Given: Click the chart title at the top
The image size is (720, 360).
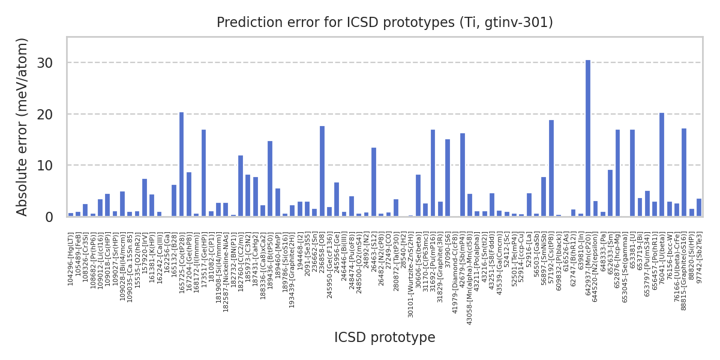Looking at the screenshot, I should (385, 23).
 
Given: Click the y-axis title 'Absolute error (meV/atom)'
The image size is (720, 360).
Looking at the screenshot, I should (22, 127).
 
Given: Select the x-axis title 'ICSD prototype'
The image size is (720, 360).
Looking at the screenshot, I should (385, 338).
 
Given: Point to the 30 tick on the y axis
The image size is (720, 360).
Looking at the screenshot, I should (53, 63).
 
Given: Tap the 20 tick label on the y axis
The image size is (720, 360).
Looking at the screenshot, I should (53, 114).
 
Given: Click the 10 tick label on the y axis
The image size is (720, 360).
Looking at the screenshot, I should (53, 166).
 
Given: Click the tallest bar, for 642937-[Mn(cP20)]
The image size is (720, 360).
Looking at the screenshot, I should (588, 138).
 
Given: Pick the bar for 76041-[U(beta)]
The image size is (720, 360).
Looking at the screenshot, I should (662, 164).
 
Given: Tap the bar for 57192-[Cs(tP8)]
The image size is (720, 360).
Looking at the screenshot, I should (551, 168).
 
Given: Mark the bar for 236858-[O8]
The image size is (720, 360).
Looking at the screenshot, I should (322, 171).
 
